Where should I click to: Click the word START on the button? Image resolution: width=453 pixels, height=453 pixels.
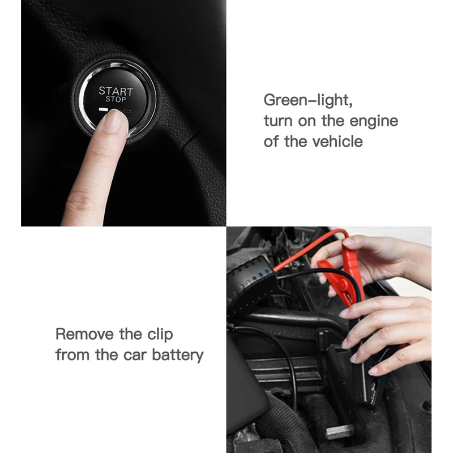coord(116,91)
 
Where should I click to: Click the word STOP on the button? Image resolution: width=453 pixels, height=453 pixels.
coord(116,99)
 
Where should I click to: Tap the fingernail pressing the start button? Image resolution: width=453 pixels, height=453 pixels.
coord(115,121)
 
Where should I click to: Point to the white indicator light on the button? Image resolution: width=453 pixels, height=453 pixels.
coord(104,109)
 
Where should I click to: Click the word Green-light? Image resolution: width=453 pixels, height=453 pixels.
coord(308,100)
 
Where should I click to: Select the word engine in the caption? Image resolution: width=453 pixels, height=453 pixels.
coord(374,122)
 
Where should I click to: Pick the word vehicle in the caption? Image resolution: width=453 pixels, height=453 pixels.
coord(338,142)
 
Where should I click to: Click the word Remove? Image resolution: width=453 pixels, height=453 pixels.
coord(84,334)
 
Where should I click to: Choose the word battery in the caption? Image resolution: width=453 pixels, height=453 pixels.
coord(178,356)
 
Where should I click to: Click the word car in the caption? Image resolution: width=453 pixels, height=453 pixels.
coord(135,356)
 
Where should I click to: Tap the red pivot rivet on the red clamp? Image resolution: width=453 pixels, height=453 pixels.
coord(343,285)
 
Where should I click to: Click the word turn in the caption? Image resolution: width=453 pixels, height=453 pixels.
coord(278,121)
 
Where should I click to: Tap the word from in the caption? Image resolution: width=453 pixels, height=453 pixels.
coord(72,355)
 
